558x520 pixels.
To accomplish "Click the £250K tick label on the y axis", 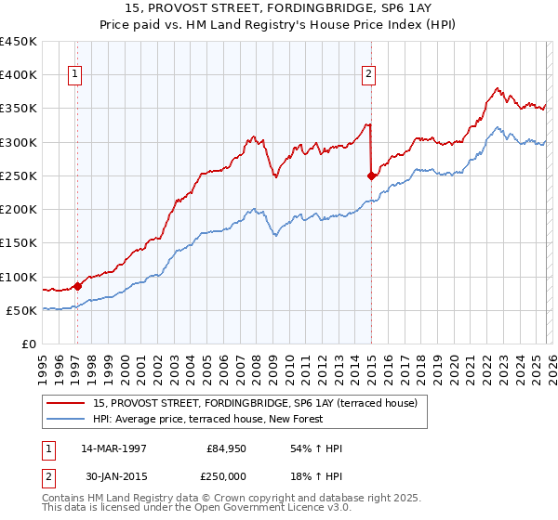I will [x=19, y=175].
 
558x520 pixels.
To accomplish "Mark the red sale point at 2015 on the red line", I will [x=372, y=175].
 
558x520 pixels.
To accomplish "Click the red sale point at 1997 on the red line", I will [x=78, y=286].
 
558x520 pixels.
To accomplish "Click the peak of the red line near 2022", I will [x=497, y=88].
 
